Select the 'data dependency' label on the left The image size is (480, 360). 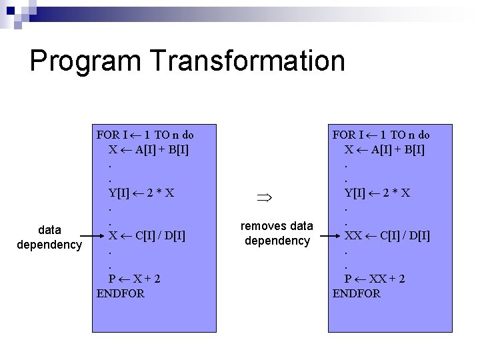point(50,237)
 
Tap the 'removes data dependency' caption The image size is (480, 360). point(277,233)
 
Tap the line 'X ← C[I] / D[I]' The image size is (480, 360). point(147,235)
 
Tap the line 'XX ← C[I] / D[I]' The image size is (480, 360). point(387,235)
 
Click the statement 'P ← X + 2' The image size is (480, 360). point(135,278)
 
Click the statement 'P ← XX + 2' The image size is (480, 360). point(375,278)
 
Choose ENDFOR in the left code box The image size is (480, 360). point(121,293)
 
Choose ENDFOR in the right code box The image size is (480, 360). point(357,293)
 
